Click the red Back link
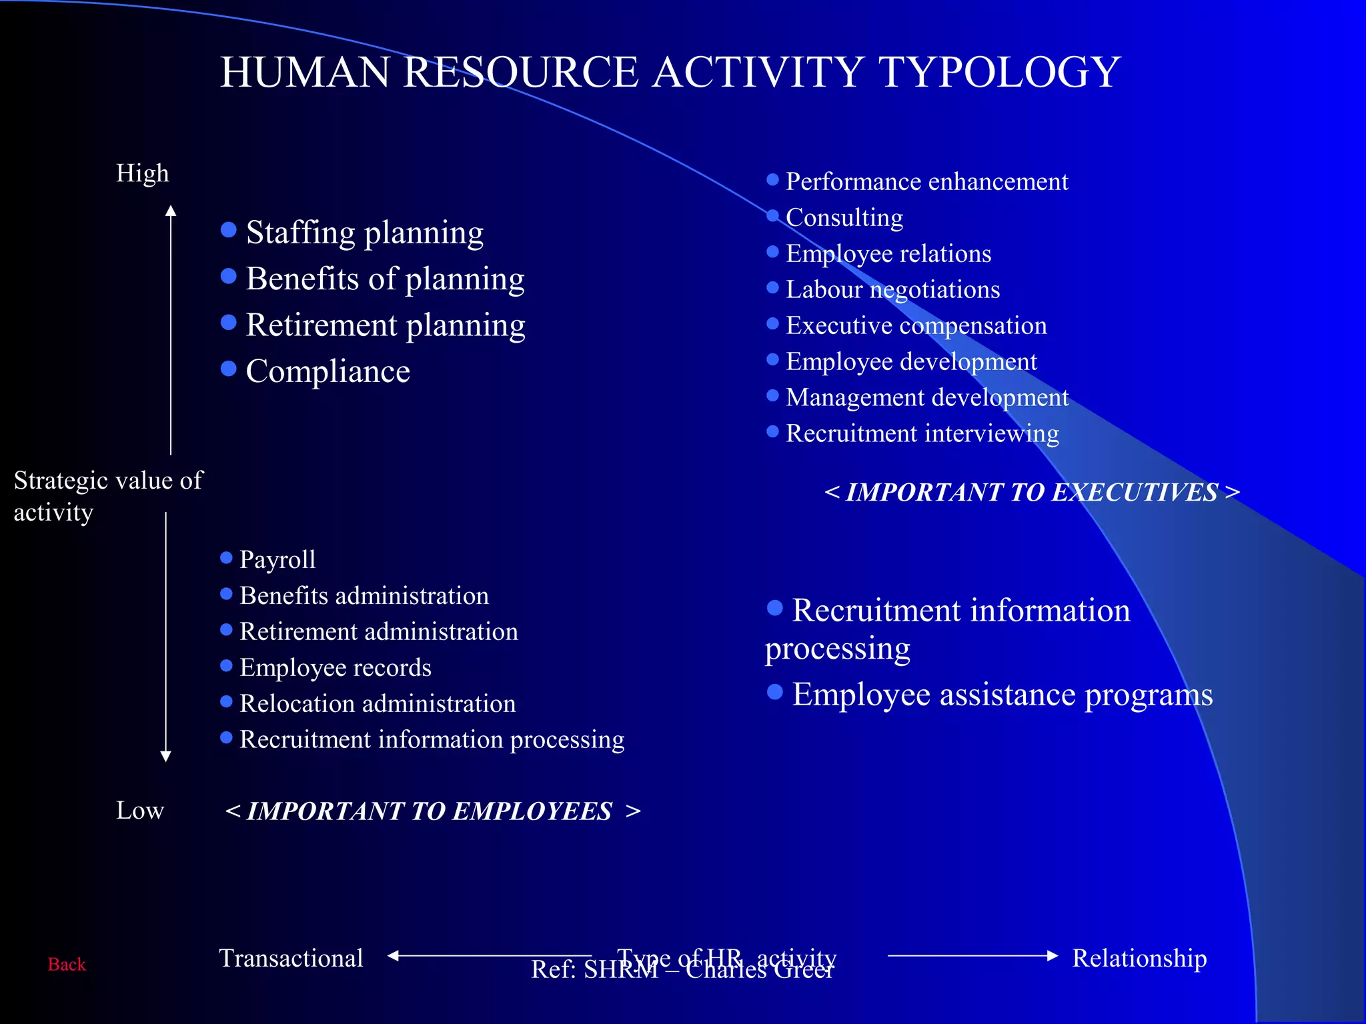(67, 964)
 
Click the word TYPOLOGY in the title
(1000, 72)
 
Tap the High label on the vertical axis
(142, 173)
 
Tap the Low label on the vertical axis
(139, 810)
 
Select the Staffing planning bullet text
(364, 233)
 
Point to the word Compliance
(327, 371)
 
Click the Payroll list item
(277, 559)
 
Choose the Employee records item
(335, 667)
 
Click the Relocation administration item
(377, 703)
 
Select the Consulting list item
(844, 217)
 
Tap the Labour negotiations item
(892, 289)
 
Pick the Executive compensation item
(916, 325)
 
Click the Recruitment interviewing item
(922, 433)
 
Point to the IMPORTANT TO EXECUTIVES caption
(1032, 492)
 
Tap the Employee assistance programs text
(1002, 695)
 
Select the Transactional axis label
(291, 958)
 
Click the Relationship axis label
(1139, 958)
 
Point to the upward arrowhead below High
(171, 211)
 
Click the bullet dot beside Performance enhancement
(772, 180)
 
